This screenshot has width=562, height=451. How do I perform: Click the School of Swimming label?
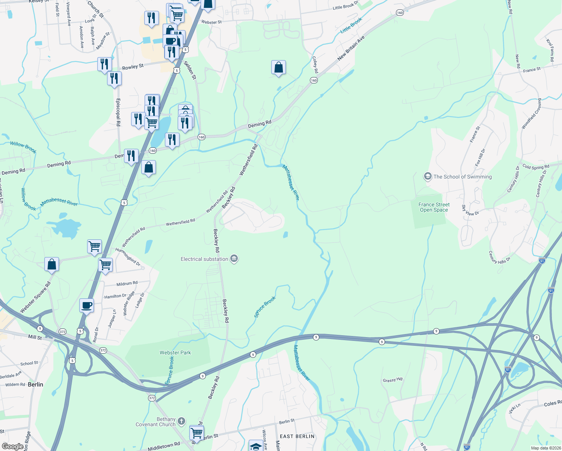pos(462,177)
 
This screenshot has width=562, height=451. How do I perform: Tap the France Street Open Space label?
pos(434,207)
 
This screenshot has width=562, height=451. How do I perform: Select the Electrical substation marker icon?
pos(234,259)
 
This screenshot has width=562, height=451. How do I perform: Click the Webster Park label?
pos(175,353)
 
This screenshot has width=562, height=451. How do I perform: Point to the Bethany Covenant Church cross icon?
pos(181,421)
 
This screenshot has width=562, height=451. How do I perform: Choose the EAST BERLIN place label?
pos(297,436)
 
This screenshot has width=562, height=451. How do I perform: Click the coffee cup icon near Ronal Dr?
pos(87,305)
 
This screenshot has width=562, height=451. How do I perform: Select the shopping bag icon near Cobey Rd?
pos(278,68)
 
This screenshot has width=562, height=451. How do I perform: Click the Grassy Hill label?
pos(393,380)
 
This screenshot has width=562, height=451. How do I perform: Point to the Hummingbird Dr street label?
pos(128,257)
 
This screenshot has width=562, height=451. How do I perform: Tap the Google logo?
pos(13,446)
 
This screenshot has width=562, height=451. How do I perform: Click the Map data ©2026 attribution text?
pos(545,448)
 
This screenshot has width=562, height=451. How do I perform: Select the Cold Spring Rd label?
pos(536,167)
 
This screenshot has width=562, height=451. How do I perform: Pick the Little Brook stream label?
pos(351,25)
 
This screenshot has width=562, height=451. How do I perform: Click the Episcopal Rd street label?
pos(118,112)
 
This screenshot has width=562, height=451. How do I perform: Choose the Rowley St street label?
pos(133,67)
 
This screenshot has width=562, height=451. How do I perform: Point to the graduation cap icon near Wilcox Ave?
pos(256,446)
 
